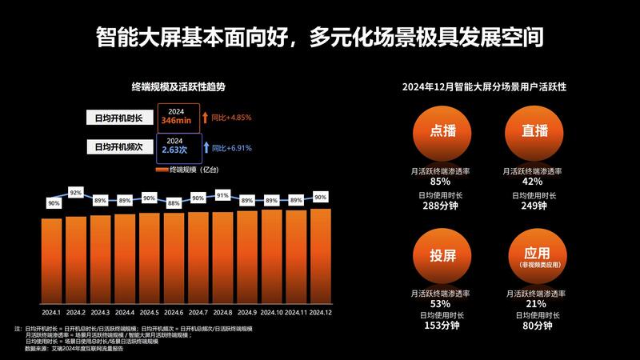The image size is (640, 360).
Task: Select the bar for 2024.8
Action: (222, 258)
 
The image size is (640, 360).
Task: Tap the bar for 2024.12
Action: (320, 256)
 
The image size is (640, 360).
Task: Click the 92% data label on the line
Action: (76, 193)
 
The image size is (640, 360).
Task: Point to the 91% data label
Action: (222, 195)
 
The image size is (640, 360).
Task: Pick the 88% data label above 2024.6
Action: (174, 203)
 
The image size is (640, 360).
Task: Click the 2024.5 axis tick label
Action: (149, 312)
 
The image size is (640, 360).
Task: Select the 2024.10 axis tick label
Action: (271, 312)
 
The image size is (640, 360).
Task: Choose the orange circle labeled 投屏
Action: (439, 257)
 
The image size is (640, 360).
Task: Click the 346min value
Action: (176, 121)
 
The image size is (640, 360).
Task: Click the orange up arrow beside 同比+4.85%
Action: (206, 118)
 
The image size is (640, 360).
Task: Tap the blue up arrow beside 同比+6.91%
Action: (206, 146)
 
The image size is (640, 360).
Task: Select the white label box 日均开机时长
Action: (118, 118)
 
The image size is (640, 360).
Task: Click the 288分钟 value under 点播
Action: (439, 206)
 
